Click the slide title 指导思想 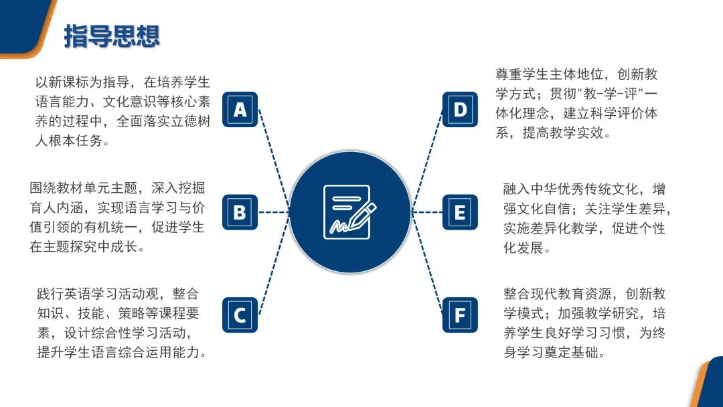(x=112, y=37)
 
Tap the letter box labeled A (x=240, y=110)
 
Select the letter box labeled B (x=240, y=212)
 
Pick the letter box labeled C (x=240, y=315)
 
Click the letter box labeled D (x=460, y=110)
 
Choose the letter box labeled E (x=460, y=212)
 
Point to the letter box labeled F (x=460, y=315)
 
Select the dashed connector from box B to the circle (x=274, y=212)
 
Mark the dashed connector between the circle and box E (x=427, y=212)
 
